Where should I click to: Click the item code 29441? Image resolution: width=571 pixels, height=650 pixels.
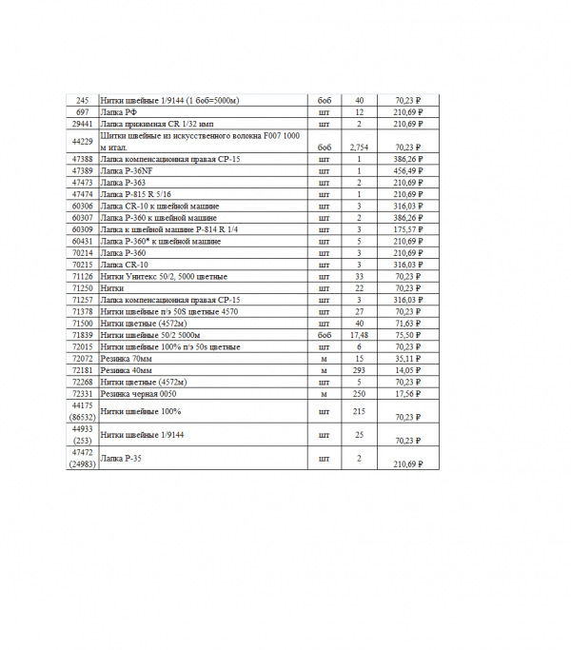click(82, 124)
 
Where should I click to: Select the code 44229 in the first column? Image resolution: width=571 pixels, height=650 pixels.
click(82, 141)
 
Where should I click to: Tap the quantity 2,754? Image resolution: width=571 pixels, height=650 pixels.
click(359, 148)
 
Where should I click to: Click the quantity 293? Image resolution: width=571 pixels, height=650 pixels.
click(359, 369)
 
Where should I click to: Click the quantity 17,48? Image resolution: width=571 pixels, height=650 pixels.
click(359, 335)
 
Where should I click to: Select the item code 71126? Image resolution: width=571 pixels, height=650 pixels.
click(82, 276)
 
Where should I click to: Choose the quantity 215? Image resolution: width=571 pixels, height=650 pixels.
click(359, 411)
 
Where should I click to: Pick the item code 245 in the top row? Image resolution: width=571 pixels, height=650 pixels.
click(82, 100)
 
